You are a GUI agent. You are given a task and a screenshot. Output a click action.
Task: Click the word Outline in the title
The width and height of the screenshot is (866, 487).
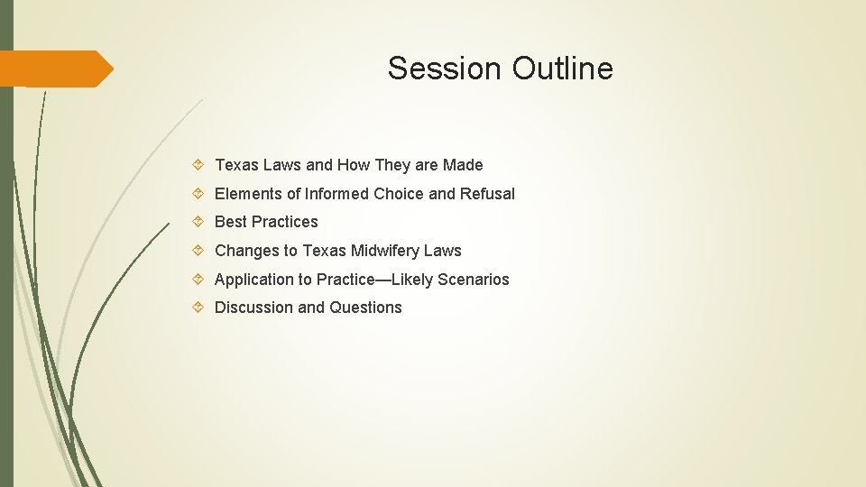pos(563,69)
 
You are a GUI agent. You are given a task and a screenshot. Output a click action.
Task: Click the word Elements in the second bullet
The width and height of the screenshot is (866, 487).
pos(248,194)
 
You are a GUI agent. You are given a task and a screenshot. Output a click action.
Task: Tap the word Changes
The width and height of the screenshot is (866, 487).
pos(244,251)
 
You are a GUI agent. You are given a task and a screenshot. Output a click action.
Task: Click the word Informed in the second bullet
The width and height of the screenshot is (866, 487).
pos(336,194)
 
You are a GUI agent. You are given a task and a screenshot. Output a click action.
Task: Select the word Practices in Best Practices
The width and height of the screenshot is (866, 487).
pos(285,222)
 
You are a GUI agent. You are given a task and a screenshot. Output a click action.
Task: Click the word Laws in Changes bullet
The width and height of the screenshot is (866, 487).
pos(442,251)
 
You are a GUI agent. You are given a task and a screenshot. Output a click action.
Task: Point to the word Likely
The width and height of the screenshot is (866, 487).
pos(410,280)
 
